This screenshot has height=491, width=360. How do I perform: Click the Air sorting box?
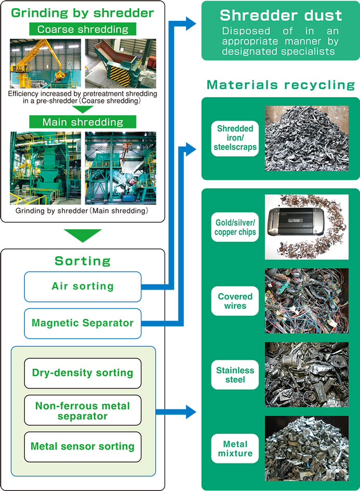[83, 287]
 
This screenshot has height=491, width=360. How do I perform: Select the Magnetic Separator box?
[83, 323]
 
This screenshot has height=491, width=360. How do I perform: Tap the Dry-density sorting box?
[83, 373]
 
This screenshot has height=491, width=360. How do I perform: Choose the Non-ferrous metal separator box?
[83, 410]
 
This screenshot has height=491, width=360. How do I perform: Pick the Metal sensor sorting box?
[83, 447]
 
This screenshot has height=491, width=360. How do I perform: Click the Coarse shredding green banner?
[83, 29]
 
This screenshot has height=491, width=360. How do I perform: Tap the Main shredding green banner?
[83, 122]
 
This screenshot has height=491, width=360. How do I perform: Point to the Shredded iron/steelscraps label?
[235, 138]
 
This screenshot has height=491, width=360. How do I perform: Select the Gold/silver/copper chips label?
[235, 227]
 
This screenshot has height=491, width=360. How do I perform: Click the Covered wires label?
[235, 301]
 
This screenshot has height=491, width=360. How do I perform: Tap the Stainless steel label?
[235, 375]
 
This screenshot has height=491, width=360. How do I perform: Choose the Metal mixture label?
[235, 448]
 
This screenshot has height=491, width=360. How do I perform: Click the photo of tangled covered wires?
[306, 301]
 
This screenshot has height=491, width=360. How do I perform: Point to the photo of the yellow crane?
[45, 63]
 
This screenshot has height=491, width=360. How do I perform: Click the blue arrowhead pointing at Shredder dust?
[191, 24]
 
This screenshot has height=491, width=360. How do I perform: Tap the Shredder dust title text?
[281, 15]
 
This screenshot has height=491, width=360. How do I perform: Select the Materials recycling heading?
[281, 85]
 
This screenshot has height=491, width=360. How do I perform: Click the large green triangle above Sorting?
[83, 235]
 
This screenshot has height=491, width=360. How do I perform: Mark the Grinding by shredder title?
[83, 13]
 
